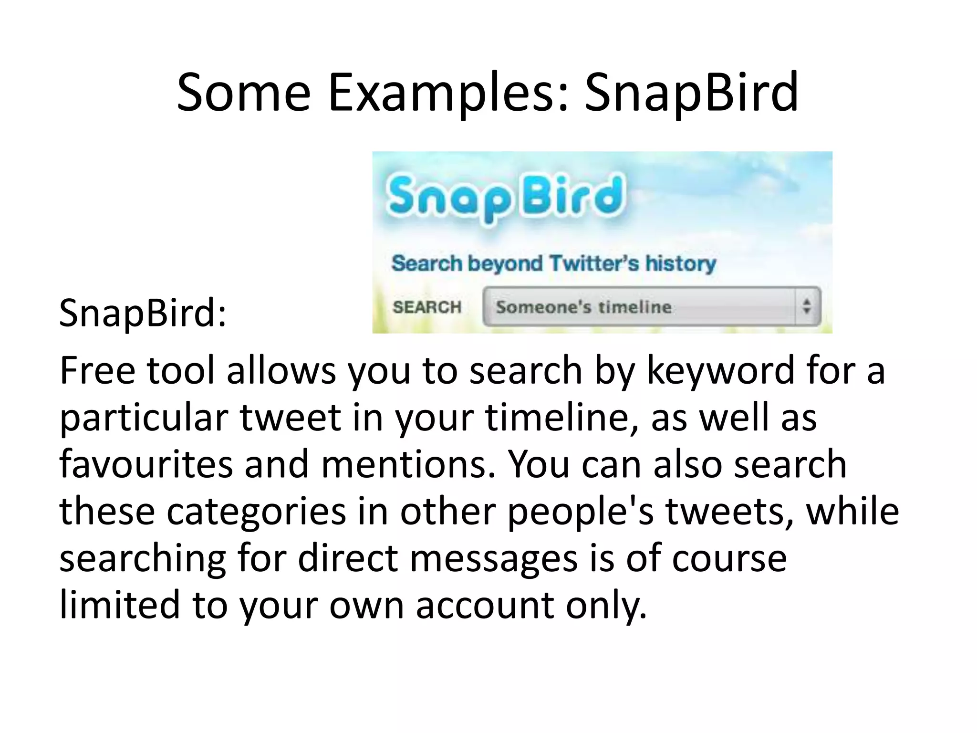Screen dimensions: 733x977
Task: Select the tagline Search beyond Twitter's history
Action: point(553,263)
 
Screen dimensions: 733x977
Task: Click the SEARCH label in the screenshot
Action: point(427,307)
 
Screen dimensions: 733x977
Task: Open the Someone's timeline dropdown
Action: point(639,307)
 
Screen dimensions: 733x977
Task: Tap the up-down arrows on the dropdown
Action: point(807,306)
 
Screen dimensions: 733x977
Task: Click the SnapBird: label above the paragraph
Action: point(143,313)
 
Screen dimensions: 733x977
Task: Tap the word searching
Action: point(143,558)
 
